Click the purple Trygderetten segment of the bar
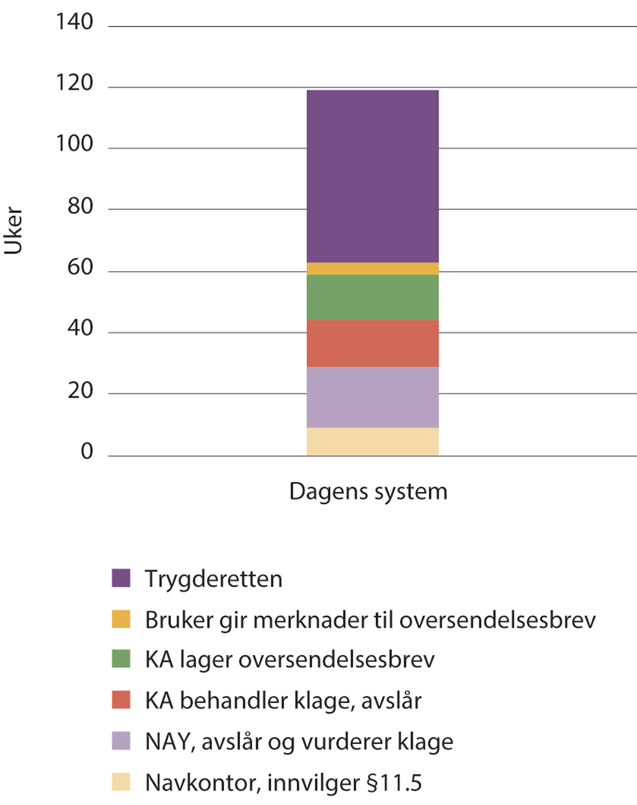(x=373, y=176)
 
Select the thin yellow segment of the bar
(x=373, y=269)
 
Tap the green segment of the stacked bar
(x=373, y=297)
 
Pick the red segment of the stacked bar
(x=373, y=343)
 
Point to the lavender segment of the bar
(x=373, y=397)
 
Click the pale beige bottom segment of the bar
(x=373, y=442)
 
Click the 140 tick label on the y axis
(x=74, y=22)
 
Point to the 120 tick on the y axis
(x=74, y=83)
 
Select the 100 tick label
(x=74, y=144)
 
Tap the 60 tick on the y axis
(x=80, y=267)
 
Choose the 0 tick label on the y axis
(x=87, y=452)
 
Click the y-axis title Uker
(x=14, y=231)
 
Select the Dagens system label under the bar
(x=368, y=492)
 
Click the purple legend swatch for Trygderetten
(x=121, y=578)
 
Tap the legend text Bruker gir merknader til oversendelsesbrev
(x=370, y=620)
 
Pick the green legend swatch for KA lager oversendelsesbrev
(x=121, y=659)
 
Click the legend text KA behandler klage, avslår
(x=283, y=701)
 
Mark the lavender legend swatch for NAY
(x=121, y=741)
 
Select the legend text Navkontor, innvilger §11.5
(x=283, y=783)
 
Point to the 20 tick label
(x=80, y=391)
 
